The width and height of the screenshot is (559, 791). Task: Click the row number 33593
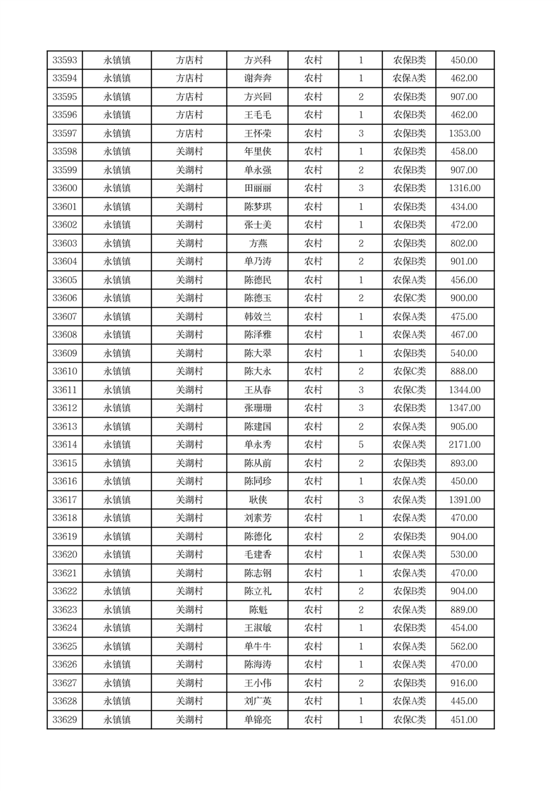[64, 60]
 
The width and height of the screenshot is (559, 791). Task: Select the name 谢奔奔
[257, 78]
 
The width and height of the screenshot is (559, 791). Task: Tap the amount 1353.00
[464, 133]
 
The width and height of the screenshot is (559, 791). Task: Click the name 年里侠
[257, 152]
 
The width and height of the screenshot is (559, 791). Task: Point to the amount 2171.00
[464, 445]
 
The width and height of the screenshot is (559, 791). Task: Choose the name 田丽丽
[257, 188]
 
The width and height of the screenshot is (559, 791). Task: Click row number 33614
[64, 445]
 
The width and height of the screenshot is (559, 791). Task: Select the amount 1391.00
[464, 500]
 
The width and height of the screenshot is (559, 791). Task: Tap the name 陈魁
[257, 610]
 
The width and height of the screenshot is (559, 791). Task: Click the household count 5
[360, 445]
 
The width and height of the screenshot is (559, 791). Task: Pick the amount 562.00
[464, 646]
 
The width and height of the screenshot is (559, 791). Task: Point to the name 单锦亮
[257, 720]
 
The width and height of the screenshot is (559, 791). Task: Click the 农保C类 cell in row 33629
[409, 720]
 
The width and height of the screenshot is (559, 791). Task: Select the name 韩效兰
[257, 317]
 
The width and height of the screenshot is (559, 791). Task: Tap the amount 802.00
[464, 243]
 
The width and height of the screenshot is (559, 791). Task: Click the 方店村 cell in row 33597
[189, 133]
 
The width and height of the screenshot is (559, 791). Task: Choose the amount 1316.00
[464, 188]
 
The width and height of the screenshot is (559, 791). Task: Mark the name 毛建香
[257, 555]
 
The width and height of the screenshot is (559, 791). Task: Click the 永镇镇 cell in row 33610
[117, 372]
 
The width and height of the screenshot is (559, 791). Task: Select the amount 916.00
[464, 683]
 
